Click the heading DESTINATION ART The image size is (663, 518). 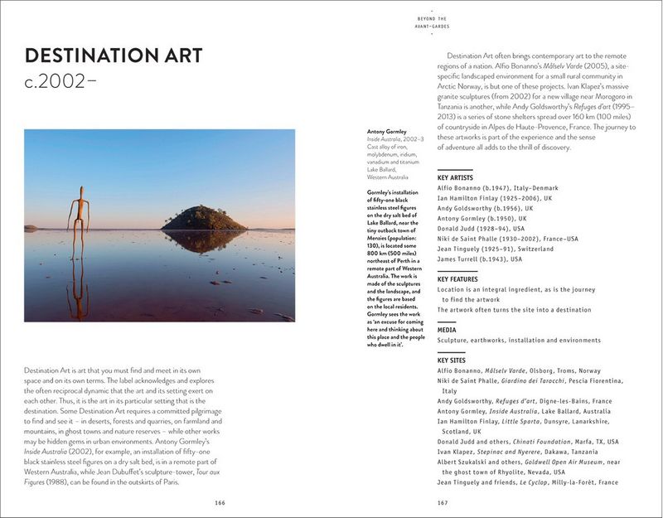point(114,56)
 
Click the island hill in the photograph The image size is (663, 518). point(203,219)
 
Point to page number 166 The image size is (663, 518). point(220,502)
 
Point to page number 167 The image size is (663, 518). point(443,502)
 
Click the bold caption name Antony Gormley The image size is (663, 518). point(387,132)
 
